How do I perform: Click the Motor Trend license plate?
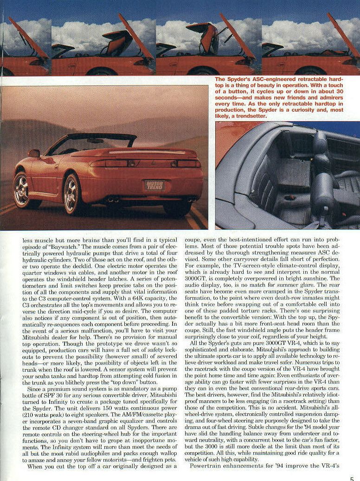point(154,185)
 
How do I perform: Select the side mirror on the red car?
point(34,153)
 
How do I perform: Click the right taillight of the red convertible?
point(188,163)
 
